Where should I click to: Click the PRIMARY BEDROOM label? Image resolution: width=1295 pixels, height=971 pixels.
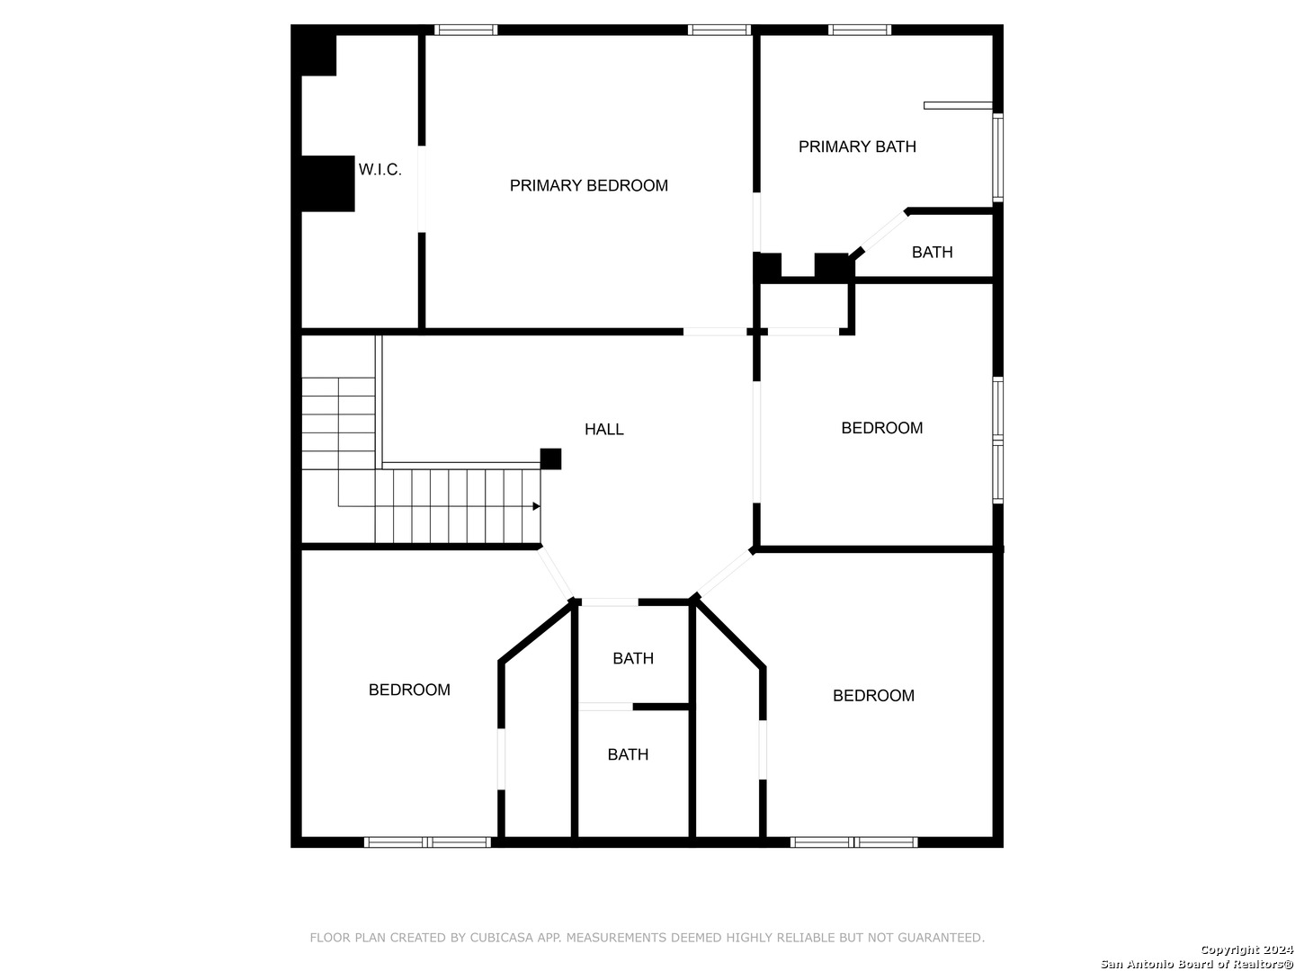[588, 186]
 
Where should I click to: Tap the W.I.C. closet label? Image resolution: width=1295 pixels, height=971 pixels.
[380, 170]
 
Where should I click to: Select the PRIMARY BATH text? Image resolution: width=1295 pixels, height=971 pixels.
[857, 147]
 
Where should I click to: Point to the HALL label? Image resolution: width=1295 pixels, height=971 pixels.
[603, 430]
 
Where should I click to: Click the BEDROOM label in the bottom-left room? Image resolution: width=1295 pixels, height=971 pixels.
[409, 690]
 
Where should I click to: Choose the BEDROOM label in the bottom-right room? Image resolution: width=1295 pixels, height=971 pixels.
[873, 696]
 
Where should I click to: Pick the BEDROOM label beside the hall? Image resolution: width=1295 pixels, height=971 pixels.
[881, 428]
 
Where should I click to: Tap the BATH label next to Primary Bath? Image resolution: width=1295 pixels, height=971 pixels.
[932, 253]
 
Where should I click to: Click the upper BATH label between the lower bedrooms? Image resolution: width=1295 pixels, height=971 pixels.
[633, 659]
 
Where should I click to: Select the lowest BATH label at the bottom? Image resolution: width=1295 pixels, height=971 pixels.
[628, 755]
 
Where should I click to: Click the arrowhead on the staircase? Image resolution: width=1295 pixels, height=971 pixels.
[536, 506]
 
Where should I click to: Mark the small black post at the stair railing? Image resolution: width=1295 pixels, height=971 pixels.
[550, 459]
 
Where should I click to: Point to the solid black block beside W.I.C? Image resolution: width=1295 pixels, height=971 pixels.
[327, 183]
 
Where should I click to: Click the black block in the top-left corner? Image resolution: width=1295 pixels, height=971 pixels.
[317, 54]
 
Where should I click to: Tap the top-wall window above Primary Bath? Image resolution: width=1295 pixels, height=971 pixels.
[860, 30]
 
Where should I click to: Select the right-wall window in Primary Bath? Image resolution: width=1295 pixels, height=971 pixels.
[997, 157]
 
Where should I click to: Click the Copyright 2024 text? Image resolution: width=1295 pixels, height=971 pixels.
[1246, 950]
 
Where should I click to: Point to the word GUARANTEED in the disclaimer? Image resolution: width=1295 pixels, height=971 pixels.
[944, 938]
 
